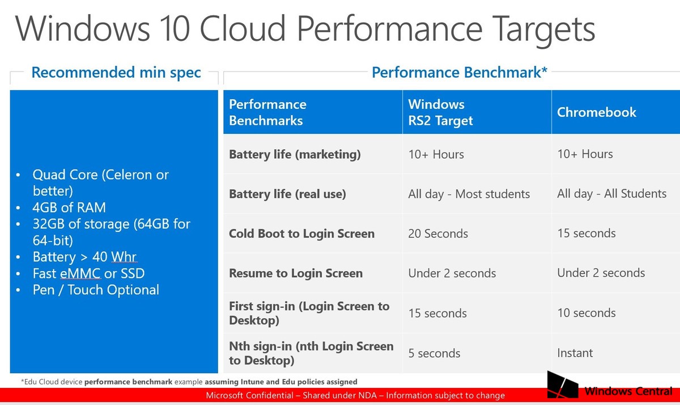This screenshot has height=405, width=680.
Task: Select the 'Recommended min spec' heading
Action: [116, 73]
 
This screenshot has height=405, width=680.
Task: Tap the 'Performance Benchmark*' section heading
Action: [459, 73]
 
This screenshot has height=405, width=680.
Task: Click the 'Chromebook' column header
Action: [597, 112]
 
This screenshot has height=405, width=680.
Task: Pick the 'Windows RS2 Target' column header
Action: [440, 112]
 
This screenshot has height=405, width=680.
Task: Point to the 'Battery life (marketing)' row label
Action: [295, 154]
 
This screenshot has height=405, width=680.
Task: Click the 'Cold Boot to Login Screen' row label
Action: [301, 234]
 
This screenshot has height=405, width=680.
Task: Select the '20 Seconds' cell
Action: [438, 234]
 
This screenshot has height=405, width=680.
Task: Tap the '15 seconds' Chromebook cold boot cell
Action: [586, 234]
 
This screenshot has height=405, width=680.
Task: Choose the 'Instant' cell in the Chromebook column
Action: [575, 353]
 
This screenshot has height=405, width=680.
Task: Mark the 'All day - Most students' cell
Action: [469, 194]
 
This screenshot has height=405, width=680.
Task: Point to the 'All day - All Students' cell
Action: [611, 194]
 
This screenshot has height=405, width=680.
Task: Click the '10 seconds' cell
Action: [586, 313]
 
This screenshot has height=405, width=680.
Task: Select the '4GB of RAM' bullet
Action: [69, 208]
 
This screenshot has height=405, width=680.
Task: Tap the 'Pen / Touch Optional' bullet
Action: [96, 290]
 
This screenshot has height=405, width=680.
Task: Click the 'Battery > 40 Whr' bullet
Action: [84, 258]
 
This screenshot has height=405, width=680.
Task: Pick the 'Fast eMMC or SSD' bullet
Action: [88, 274]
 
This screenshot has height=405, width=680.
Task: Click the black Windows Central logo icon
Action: [563, 386]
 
